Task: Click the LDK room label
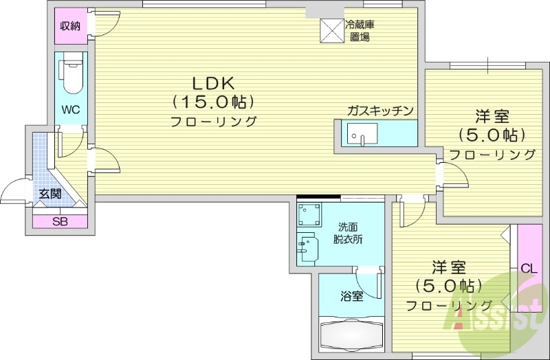coord(213,83)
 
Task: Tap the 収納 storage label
coord(70,26)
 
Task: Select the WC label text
coord(71,110)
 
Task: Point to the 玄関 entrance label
coord(49,194)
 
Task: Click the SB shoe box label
coord(60,221)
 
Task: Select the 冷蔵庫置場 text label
coord(360,30)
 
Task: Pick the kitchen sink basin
coord(358,134)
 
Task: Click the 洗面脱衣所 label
coord(349,234)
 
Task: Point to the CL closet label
coord(529,268)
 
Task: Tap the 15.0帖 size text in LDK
coord(213,102)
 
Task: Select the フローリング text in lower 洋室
coord(449,304)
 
